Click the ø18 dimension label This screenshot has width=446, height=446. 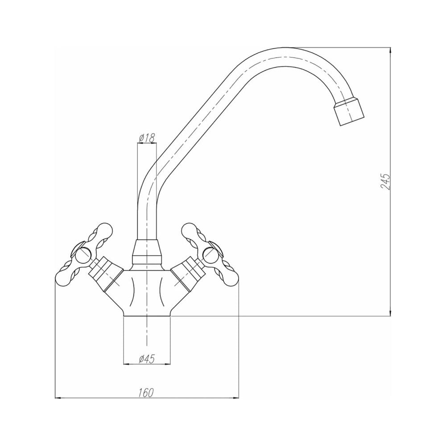click(147, 138)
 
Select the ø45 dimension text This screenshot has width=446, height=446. click(146, 359)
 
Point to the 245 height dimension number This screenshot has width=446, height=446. click(385, 181)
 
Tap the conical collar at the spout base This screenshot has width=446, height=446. click(147, 251)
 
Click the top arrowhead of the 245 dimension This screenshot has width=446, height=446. click(390, 50)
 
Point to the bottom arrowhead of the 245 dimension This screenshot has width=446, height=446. click(390, 313)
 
